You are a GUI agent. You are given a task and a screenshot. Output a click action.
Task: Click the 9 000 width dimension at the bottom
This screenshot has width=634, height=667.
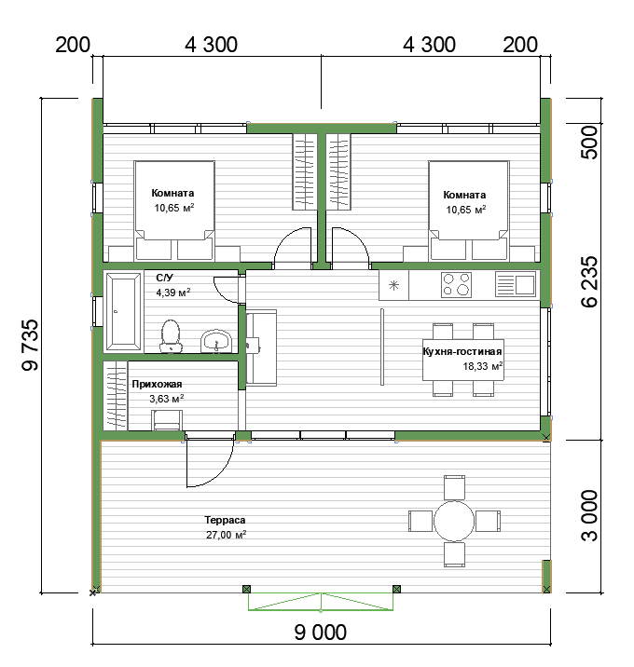[320, 632]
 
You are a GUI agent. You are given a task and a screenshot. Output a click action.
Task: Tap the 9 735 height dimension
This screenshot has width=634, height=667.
[30, 345]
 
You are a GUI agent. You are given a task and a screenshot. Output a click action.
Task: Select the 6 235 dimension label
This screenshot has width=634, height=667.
[589, 281]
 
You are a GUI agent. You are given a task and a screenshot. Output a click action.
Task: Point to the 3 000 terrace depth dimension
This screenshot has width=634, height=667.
[589, 515]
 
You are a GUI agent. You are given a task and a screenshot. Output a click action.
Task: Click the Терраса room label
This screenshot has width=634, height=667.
[225, 520]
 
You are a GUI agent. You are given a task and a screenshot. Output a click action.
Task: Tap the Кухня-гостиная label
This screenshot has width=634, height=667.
[462, 351]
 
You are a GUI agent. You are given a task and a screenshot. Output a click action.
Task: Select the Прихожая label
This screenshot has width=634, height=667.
[157, 384]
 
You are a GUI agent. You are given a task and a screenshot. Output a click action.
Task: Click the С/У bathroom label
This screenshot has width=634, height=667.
[164, 278]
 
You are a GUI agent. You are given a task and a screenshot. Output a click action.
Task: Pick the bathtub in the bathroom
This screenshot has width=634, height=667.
[123, 312]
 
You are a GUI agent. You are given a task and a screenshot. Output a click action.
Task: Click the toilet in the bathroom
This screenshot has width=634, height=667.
[171, 336]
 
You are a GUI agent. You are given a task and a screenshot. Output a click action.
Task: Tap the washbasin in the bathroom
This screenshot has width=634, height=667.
[216, 341]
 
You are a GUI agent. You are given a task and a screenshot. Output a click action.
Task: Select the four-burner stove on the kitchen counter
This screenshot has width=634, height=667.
[456, 284]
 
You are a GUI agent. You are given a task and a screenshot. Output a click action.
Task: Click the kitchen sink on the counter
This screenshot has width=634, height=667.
[516, 284]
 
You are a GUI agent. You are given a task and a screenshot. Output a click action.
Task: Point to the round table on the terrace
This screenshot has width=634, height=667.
[454, 521]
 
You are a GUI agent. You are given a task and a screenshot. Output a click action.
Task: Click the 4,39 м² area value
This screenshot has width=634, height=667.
[172, 293]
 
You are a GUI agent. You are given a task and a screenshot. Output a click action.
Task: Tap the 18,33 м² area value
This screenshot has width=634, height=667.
[483, 366]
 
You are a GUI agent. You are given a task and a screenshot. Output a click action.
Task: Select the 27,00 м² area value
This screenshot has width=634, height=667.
[226, 535]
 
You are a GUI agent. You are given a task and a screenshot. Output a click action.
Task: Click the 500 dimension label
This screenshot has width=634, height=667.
[589, 143]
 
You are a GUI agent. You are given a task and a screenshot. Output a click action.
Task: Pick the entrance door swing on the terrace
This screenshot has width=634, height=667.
[210, 463]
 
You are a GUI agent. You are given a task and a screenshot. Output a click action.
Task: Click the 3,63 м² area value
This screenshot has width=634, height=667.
[167, 399]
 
